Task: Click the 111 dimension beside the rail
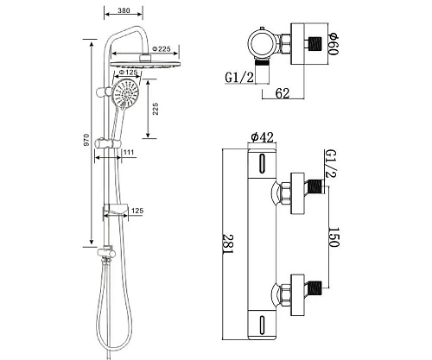(x=127, y=153)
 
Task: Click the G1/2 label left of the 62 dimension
(x=239, y=77)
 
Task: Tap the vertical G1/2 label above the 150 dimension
(x=333, y=161)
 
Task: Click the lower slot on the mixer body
(x=262, y=325)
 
